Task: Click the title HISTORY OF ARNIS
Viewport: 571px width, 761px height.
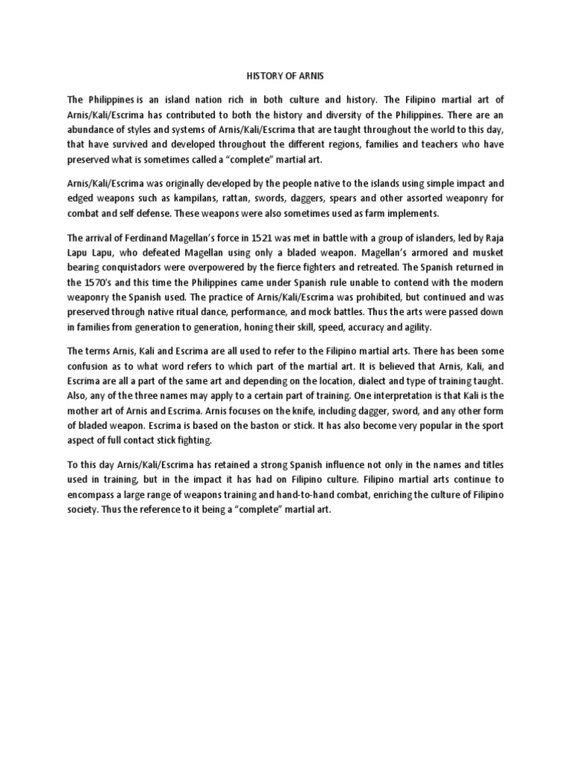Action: click(285, 75)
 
